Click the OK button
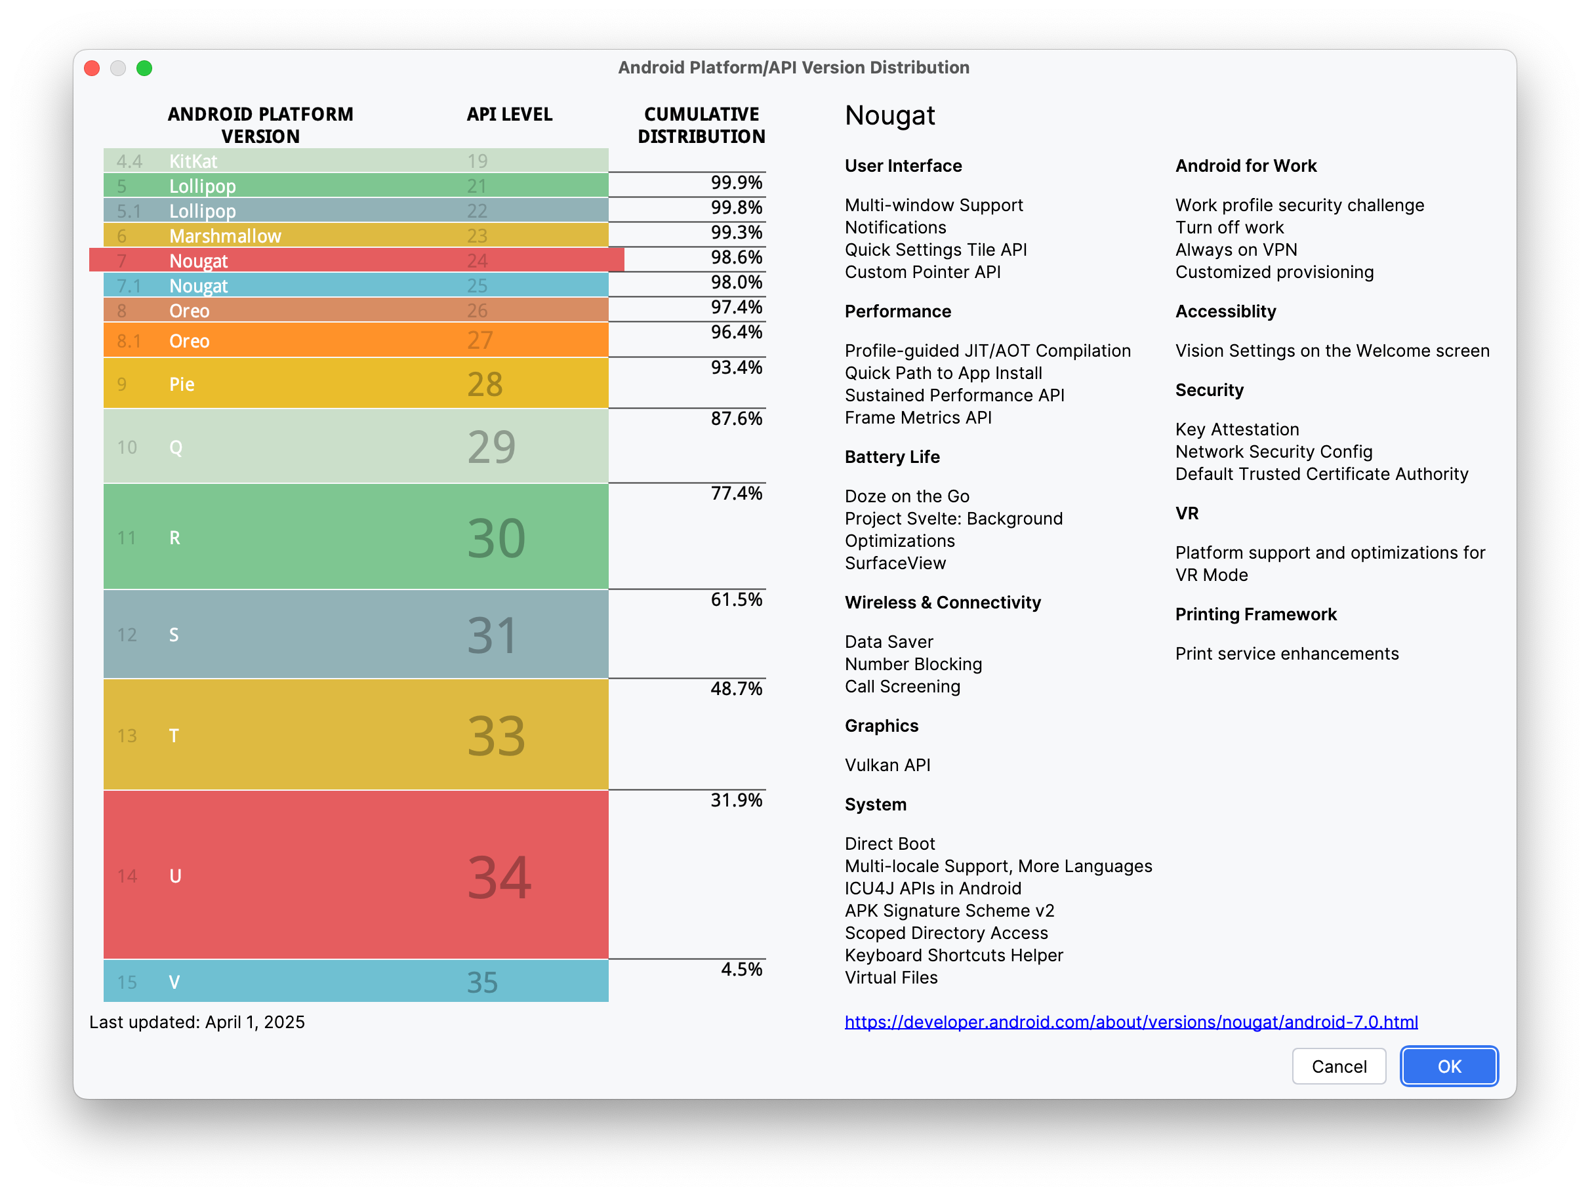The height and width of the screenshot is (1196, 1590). tap(1448, 1066)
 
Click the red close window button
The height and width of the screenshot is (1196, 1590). tap(92, 68)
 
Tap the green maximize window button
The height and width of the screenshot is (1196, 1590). tap(144, 68)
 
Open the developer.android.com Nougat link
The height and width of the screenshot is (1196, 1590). tap(1131, 1022)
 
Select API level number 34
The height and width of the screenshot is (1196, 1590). tap(499, 876)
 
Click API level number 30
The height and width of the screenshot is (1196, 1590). tap(496, 538)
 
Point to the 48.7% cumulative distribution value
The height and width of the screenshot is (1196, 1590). tap(736, 688)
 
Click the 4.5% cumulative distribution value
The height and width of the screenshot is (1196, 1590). tap(741, 969)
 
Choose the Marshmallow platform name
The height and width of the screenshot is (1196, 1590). tap(225, 236)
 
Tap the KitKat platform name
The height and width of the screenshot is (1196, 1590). tap(193, 161)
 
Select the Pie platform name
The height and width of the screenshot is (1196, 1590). tap(182, 384)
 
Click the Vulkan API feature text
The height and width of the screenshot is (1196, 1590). tap(887, 765)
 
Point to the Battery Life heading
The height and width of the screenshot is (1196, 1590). tap(892, 457)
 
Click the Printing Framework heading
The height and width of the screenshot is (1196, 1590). tap(1255, 614)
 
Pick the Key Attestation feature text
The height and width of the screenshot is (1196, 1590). tap(1236, 429)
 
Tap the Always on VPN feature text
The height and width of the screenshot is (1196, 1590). tap(1236, 249)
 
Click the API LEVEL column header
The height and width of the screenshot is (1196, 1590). tap(509, 114)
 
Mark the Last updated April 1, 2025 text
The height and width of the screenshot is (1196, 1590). tap(197, 1022)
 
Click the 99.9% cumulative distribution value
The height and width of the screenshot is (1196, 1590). tap(736, 182)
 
